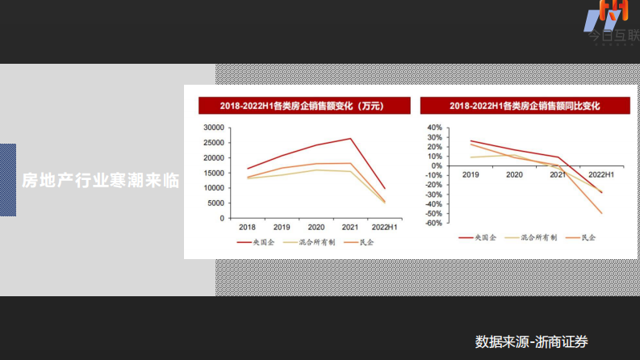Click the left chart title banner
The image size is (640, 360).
[x=301, y=106]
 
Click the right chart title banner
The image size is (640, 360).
[x=513, y=106]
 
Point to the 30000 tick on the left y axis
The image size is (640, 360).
[x=214, y=128]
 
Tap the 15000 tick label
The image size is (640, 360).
[x=214, y=173]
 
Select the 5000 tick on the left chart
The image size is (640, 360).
[x=216, y=203]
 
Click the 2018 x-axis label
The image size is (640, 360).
[x=247, y=228]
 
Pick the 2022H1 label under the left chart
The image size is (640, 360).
[x=383, y=228]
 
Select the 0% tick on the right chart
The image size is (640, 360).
[x=436, y=165]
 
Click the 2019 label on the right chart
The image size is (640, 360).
[x=471, y=174]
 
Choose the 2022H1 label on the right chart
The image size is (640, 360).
[x=601, y=174]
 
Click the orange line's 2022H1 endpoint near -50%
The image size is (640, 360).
[x=601, y=213]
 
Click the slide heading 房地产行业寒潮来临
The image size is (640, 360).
[x=99, y=180]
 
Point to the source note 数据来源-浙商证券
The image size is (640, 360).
[x=532, y=341]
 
